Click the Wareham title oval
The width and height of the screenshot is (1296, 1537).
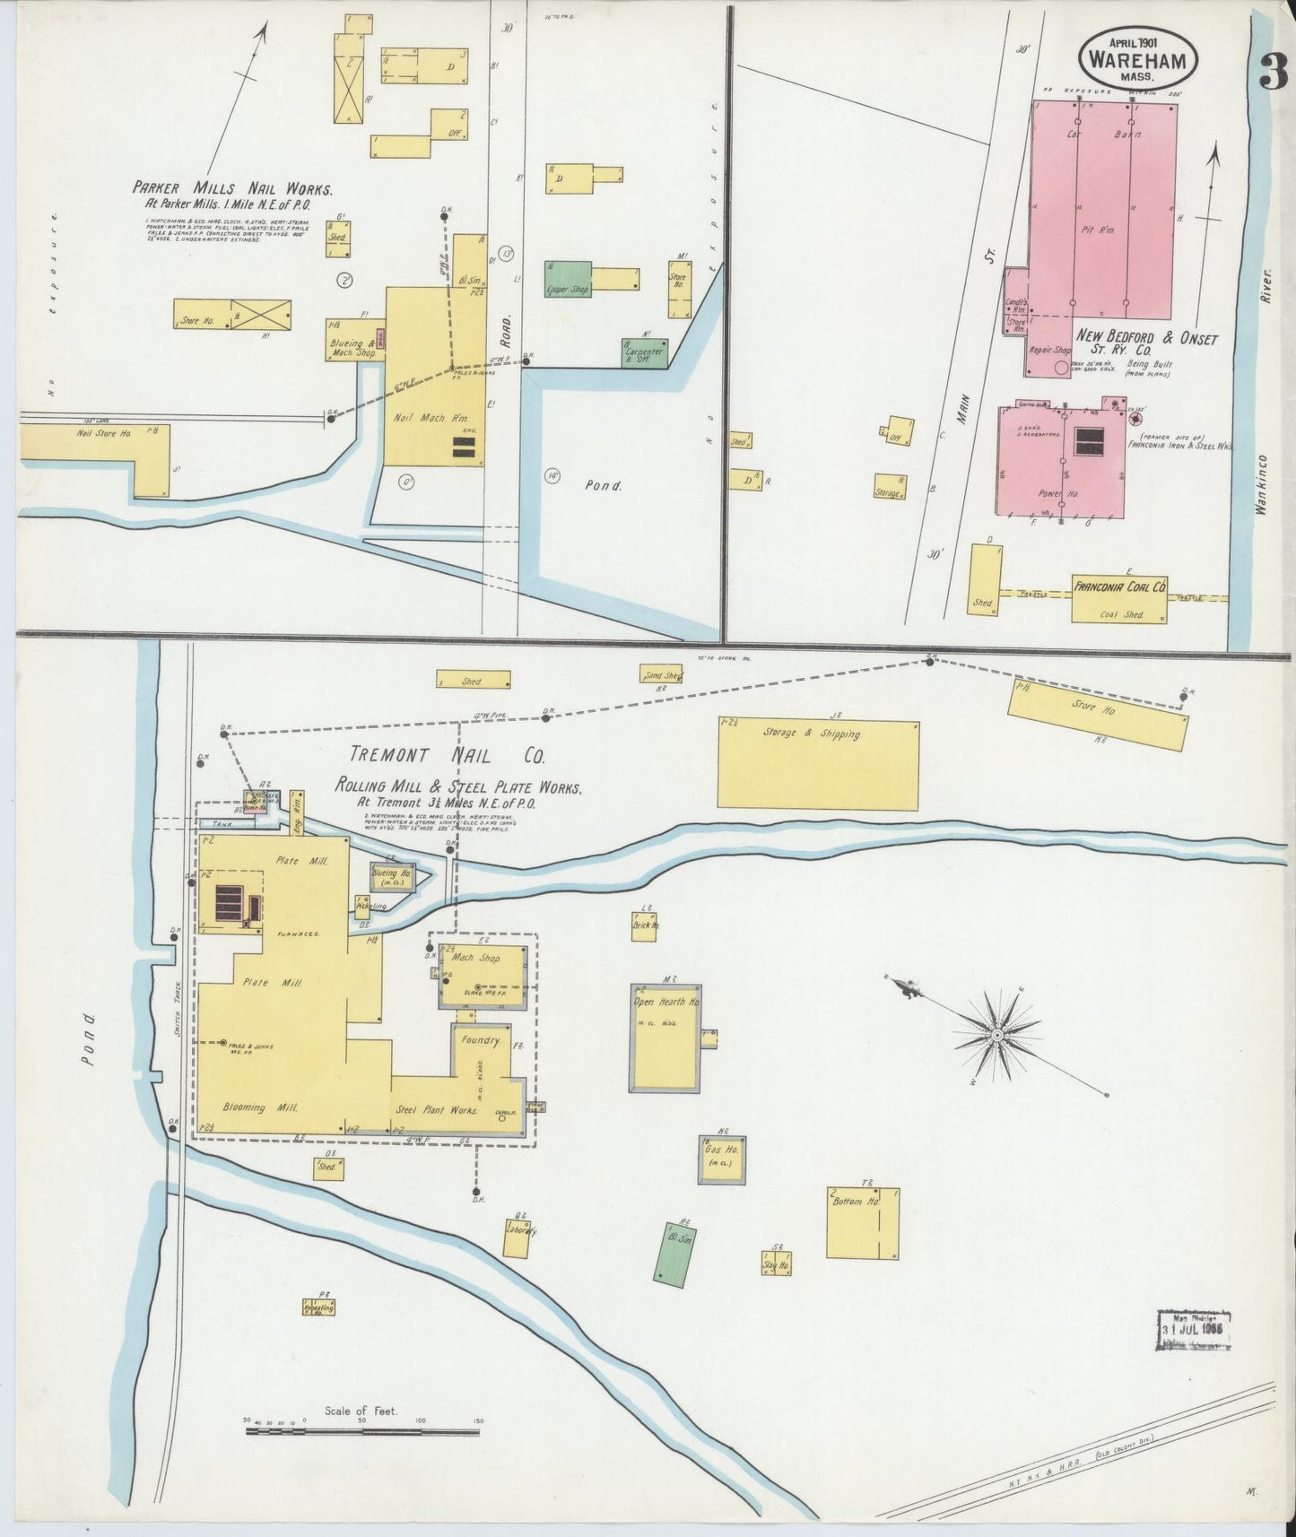(x=1140, y=56)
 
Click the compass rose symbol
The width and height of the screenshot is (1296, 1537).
(x=996, y=1036)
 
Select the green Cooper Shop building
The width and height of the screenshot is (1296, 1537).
(x=568, y=280)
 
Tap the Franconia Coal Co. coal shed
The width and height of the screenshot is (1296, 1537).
(x=1119, y=600)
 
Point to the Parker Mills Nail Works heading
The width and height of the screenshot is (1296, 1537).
(x=232, y=189)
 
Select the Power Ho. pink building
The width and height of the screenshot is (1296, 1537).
(x=1062, y=463)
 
